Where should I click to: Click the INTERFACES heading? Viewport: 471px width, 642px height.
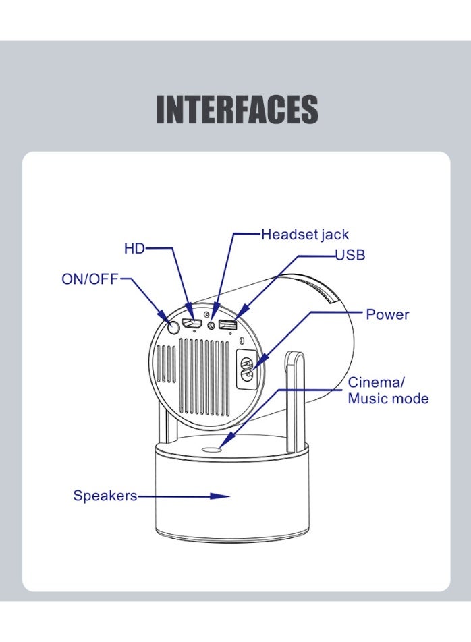237,109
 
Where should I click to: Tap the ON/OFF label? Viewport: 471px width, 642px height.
90,279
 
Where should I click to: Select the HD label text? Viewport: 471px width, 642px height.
134,249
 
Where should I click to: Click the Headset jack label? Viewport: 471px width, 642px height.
305,235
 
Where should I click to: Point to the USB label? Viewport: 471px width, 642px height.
350,256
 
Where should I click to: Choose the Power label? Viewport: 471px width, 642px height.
387,314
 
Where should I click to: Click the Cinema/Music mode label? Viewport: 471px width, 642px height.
387,390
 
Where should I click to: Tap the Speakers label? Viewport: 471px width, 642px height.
105,496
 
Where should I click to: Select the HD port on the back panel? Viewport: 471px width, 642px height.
193,323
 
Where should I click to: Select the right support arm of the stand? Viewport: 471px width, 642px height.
295,398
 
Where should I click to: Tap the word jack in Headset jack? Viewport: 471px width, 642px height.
335,235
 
